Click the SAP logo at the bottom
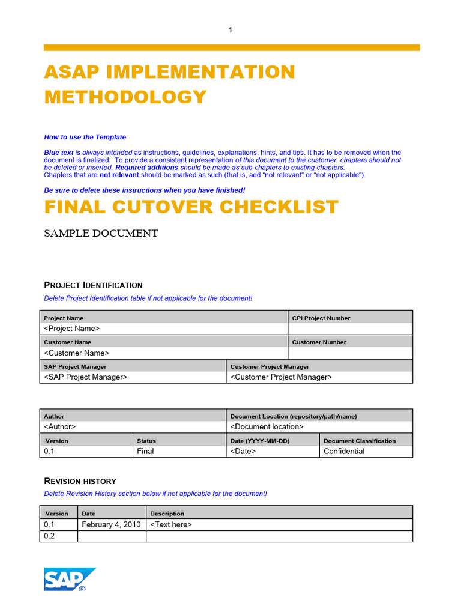[69, 580]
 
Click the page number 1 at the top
[230, 30]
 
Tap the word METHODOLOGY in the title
[125, 97]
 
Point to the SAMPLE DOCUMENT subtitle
[101, 234]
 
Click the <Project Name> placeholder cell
[72, 329]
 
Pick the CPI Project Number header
[321, 318]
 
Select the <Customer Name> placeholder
[77, 353]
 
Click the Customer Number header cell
[319, 342]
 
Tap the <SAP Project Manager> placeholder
[86, 377]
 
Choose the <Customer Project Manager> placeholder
[281, 377]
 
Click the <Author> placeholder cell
[60, 427]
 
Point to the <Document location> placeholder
[267, 427]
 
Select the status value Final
[145, 451]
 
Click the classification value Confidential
[344, 451]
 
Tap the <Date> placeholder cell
[243, 451]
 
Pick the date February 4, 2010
[112, 524]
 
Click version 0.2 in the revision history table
[50, 536]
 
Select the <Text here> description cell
[171, 524]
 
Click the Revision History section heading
[80, 482]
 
